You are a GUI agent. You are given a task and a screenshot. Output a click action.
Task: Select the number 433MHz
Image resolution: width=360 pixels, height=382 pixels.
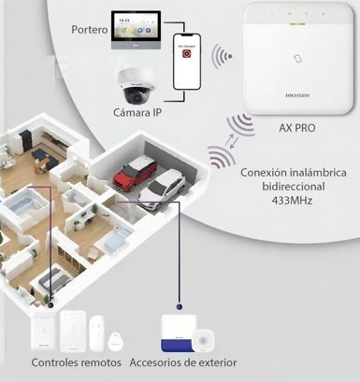[291, 199]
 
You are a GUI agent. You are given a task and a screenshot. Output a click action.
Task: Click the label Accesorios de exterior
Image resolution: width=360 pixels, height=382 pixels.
[182, 361]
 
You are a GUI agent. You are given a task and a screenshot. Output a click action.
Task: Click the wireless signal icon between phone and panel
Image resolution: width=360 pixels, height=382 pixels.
[222, 58]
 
